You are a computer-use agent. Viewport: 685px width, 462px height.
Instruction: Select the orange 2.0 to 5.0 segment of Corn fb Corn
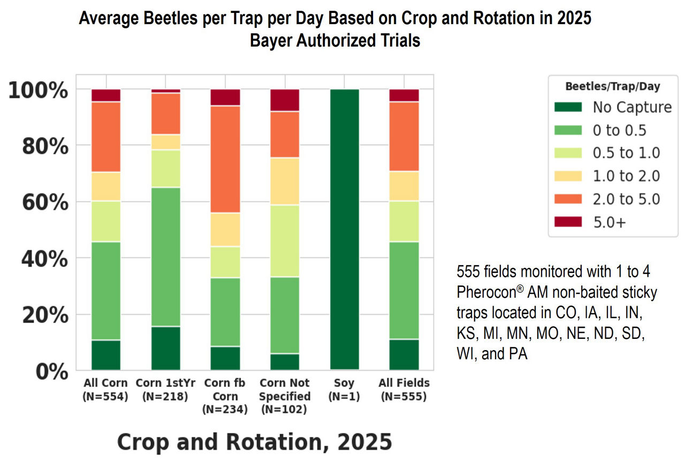(225, 159)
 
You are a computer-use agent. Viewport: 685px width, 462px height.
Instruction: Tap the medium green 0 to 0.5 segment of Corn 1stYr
(166, 256)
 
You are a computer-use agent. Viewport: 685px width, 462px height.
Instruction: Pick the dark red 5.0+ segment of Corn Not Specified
(285, 100)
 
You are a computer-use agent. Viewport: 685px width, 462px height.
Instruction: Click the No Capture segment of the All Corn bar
(106, 354)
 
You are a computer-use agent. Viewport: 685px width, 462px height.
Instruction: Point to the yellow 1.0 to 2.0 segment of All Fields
(404, 186)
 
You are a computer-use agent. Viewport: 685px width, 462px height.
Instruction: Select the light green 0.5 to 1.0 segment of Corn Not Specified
(285, 240)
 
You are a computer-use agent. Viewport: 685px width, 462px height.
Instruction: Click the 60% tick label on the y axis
(45, 203)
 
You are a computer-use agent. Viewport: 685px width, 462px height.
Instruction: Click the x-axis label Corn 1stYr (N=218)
(165, 390)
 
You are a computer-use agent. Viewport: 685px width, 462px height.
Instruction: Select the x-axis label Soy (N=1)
(344, 390)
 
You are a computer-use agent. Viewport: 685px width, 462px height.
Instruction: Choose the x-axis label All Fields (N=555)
(404, 390)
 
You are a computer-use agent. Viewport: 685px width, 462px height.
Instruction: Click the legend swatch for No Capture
(568, 107)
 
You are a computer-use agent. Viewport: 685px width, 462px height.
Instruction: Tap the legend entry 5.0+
(608, 222)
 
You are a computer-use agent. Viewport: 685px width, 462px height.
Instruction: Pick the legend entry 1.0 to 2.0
(626, 176)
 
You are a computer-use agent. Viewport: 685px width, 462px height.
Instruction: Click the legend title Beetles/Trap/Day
(613, 86)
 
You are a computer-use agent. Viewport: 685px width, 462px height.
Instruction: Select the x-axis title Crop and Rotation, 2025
(254, 442)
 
